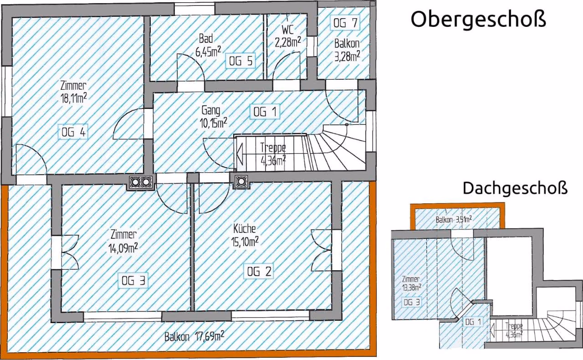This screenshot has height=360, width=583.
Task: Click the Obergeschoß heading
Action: click(478, 19)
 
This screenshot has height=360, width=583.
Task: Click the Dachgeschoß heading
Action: click(515, 188)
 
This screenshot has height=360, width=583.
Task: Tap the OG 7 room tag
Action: click(345, 23)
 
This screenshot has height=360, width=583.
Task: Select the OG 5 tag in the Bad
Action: click(240, 61)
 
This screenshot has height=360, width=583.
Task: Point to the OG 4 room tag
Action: click(73, 132)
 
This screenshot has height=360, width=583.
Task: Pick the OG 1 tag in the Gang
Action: click(265, 112)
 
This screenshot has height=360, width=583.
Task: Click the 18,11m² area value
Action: click(74, 98)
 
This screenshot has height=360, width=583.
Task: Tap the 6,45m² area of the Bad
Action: click(208, 51)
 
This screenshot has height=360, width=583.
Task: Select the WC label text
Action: click(287, 30)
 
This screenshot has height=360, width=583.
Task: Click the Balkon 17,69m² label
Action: click(194, 337)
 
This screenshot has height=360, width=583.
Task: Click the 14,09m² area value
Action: click(123, 248)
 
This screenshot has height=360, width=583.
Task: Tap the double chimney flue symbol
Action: click(141, 182)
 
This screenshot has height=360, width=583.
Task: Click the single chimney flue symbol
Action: click(241, 181)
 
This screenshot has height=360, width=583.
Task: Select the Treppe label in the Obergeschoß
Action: click(273, 148)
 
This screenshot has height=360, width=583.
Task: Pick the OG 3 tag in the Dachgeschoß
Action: click(412, 303)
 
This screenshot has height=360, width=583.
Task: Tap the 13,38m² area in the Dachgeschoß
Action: click(412, 288)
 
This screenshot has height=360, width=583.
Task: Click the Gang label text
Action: click(211, 110)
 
